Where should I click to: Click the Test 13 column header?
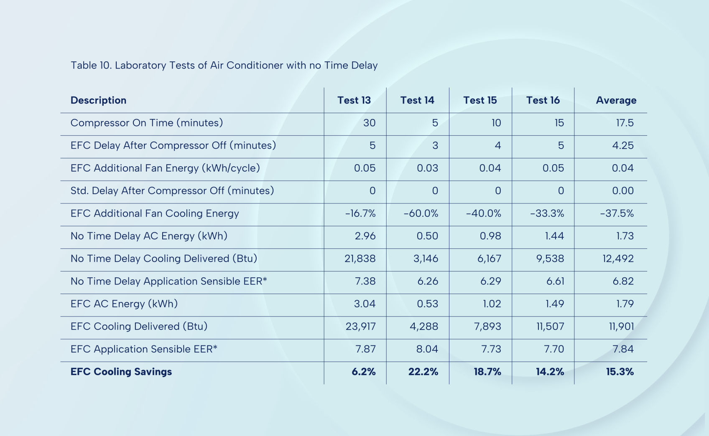(x=354, y=100)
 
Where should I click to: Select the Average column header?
(x=616, y=100)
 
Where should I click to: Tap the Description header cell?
(x=98, y=100)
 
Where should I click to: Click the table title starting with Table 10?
(x=224, y=65)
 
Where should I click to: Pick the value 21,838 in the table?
(x=360, y=259)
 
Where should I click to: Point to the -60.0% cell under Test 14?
(x=421, y=213)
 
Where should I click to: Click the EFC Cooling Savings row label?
(x=121, y=372)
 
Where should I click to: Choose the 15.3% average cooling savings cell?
(x=620, y=372)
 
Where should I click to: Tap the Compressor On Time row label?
(x=147, y=123)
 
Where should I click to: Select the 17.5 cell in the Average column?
(x=625, y=123)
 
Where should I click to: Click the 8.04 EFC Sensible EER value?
(x=427, y=349)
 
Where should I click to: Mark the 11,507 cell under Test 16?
(x=550, y=327)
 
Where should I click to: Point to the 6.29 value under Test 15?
(x=490, y=281)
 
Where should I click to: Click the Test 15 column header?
(x=480, y=100)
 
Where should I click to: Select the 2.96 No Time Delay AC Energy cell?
(x=365, y=236)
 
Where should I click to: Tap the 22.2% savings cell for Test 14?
(x=423, y=372)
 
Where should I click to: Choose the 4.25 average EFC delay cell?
(x=623, y=145)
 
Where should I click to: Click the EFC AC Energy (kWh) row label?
(x=124, y=304)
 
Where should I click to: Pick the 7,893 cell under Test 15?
(x=487, y=327)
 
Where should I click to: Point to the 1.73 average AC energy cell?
(x=625, y=236)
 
